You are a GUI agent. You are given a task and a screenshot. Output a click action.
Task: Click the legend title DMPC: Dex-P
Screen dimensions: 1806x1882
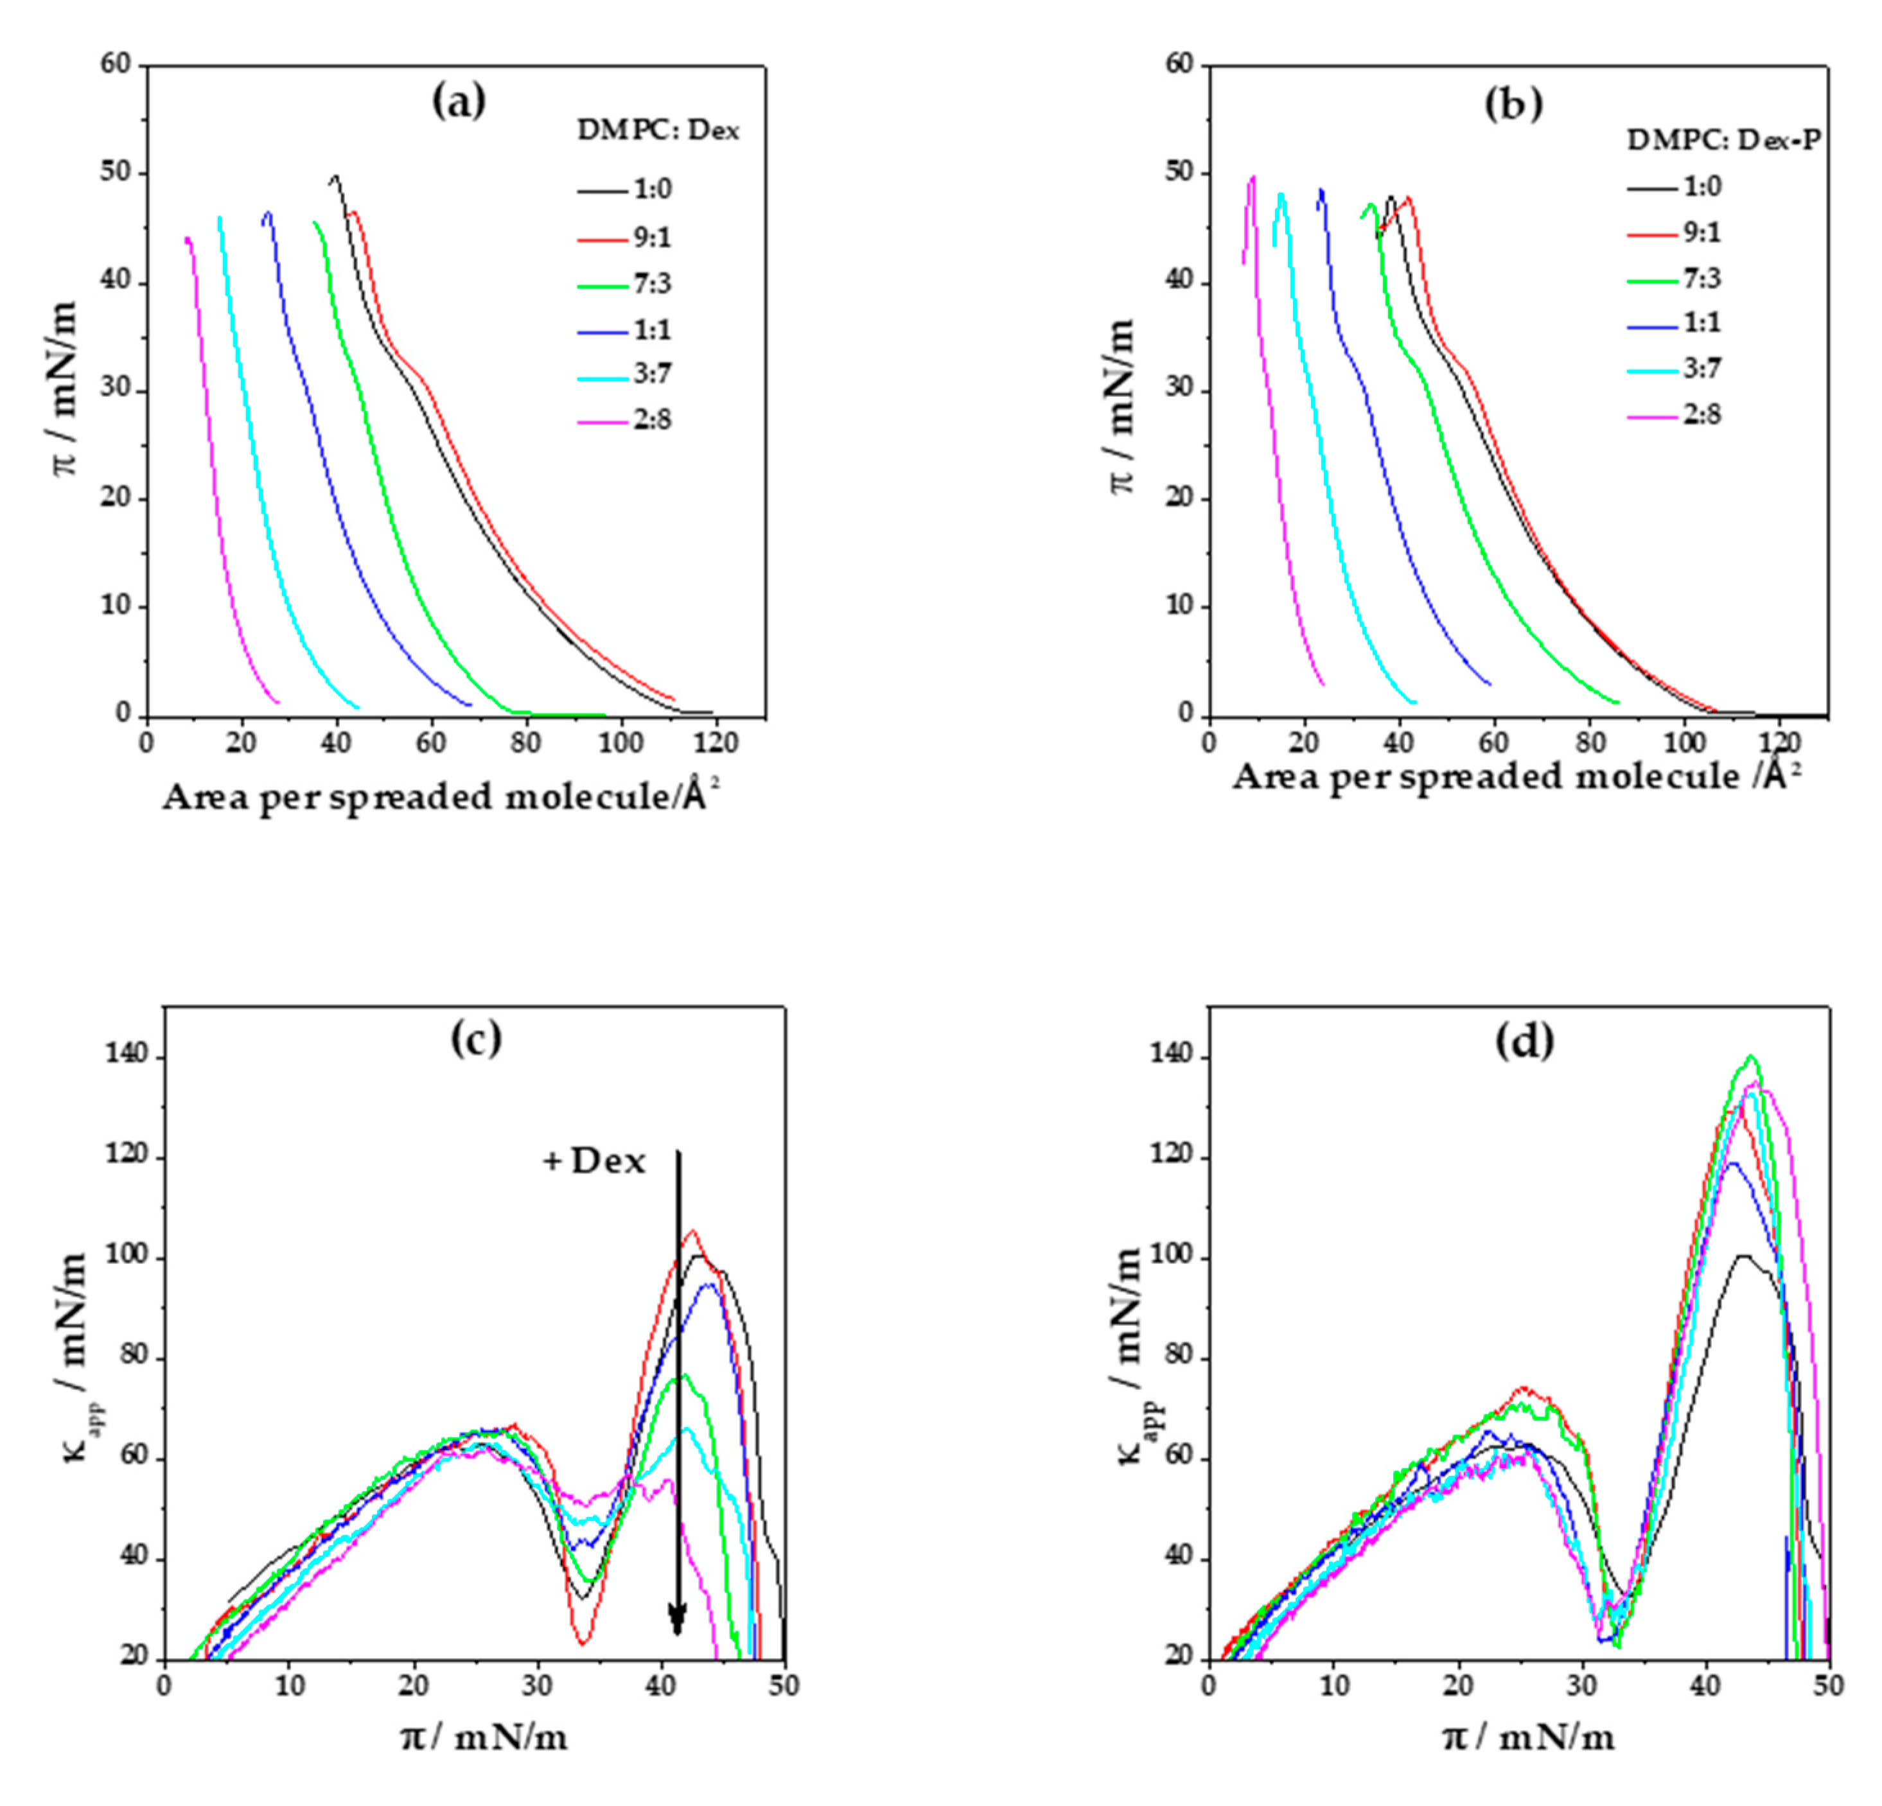[x=1723, y=140]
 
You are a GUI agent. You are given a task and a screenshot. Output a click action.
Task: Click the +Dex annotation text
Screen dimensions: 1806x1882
[x=594, y=1162]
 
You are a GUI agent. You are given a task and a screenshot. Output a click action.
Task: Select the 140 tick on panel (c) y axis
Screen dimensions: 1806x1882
[x=128, y=1056]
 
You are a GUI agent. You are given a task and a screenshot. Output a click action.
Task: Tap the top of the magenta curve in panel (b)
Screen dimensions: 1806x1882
[x=1252, y=177]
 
